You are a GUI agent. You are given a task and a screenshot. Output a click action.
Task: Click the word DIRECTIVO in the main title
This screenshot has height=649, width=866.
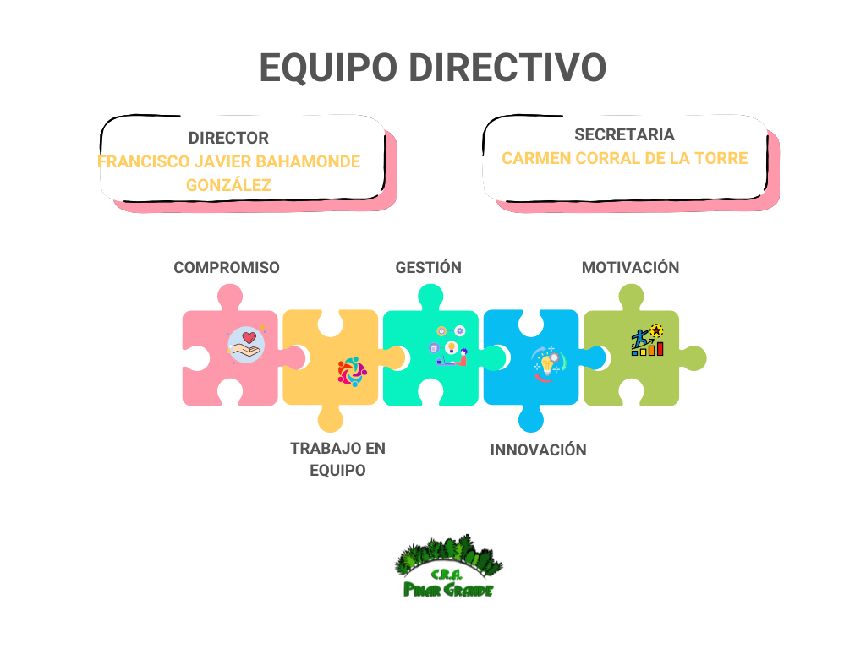(507, 68)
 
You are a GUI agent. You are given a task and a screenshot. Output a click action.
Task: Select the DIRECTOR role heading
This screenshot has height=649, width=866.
(228, 138)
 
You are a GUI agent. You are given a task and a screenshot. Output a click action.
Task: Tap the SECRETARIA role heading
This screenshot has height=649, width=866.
(624, 134)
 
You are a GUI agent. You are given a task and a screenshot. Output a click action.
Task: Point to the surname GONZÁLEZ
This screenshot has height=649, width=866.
(228, 184)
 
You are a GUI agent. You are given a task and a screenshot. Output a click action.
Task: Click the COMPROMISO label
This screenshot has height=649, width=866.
(226, 267)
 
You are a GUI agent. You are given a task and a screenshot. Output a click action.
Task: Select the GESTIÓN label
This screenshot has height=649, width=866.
(428, 267)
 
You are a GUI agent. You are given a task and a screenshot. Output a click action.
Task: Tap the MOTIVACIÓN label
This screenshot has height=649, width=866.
(630, 267)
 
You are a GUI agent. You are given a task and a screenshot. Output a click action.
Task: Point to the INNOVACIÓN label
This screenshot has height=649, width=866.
(538, 450)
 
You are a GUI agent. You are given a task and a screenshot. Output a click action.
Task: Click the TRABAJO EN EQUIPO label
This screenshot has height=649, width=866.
(337, 459)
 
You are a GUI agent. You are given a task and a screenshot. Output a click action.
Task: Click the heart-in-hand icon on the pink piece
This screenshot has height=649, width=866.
(246, 345)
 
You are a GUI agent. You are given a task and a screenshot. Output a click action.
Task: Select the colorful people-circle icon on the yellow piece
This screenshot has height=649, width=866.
(352, 371)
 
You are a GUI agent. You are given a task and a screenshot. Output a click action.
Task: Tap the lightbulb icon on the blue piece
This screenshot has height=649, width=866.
(547, 363)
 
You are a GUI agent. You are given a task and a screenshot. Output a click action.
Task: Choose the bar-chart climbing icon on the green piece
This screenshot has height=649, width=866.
(647, 341)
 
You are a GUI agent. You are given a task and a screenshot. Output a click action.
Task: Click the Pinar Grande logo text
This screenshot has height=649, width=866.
(447, 588)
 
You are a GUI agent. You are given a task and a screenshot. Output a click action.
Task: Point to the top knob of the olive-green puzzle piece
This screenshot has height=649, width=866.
(631, 297)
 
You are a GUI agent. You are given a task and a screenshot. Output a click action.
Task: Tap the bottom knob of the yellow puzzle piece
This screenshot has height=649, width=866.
(330, 419)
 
